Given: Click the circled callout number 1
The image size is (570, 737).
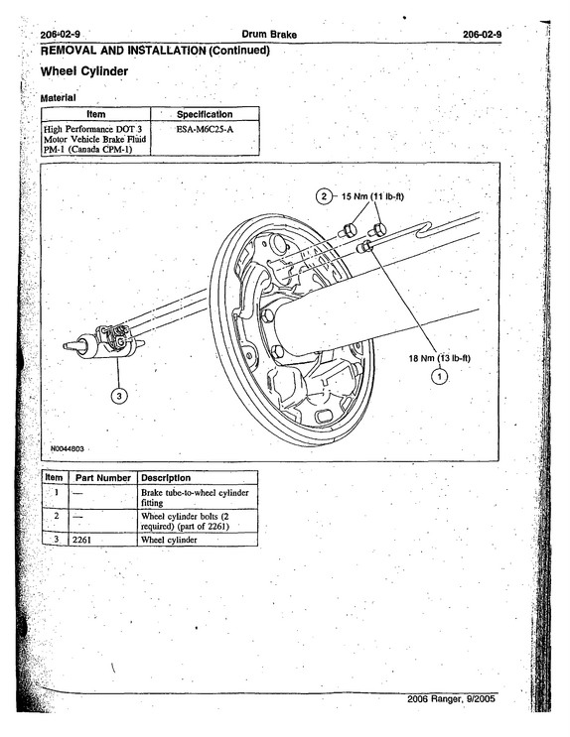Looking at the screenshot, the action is pyautogui.click(x=440, y=377).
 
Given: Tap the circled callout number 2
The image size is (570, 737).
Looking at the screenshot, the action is pyautogui.click(x=324, y=196).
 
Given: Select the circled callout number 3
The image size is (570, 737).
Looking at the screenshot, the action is pyautogui.click(x=119, y=396).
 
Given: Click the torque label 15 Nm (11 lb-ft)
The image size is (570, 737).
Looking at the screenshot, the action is pyautogui.click(x=372, y=196).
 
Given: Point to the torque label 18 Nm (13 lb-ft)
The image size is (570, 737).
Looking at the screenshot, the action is pyautogui.click(x=439, y=358).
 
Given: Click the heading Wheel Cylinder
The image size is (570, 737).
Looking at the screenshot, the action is pyautogui.click(x=84, y=71).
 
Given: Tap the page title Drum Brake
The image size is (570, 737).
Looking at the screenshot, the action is pyautogui.click(x=269, y=35).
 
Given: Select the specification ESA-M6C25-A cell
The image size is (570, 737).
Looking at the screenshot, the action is pyautogui.click(x=205, y=129).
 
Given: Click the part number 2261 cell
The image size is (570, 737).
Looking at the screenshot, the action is pyautogui.click(x=81, y=540).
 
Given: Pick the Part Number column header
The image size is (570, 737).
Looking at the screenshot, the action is pyautogui.click(x=103, y=478).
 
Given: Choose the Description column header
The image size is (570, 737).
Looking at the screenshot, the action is pyautogui.click(x=166, y=478).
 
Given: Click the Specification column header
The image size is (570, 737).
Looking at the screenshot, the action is pyautogui.click(x=205, y=114).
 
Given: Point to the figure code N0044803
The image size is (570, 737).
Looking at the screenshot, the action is pyautogui.click(x=68, y=449).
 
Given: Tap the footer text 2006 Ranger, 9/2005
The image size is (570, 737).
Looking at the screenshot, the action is pyautogui.click(x=451, y=699).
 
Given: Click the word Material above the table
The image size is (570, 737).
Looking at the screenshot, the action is pyautogui.click(x=58, y=98).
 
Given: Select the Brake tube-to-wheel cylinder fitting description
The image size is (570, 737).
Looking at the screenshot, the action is pyautogui.click(x=195, y=498).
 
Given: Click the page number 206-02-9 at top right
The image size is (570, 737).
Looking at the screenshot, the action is pyautogui.click(x=482, y=35).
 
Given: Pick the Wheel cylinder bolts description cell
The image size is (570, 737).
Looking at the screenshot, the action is pyautogui.click(x=185, y=522).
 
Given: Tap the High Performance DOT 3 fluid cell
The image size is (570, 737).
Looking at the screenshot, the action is pyautogui.click(x=95, y=139).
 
